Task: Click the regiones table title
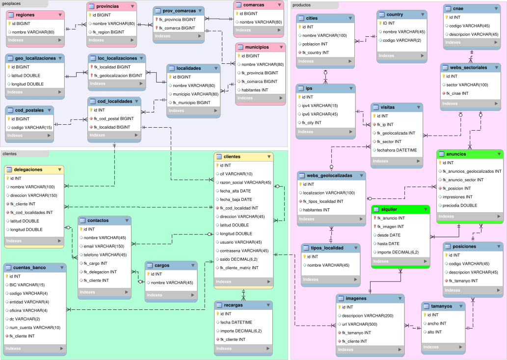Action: pyautogui.click(x=25, y=15)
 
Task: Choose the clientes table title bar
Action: pyautogui.click(x=243, y=157)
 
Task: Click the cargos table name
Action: pyautogui.click(x=161, y=265)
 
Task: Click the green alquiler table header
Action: pyautogui.click(x=400, y=209)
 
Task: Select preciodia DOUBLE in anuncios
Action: pyautogui.click(x=457, y=205)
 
